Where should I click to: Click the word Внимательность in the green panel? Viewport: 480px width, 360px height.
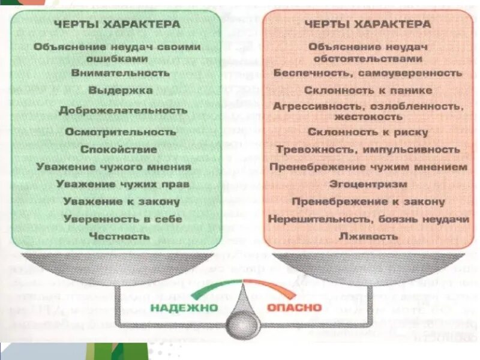coord(121,73)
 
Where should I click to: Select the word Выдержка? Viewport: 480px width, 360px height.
coord(121,91)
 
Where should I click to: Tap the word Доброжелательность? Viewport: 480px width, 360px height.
coord(123,111)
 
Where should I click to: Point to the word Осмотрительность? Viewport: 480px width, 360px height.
coord(121,131)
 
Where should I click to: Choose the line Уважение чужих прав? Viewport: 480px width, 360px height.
coord(122,184)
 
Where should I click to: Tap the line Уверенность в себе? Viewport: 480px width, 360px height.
coord(122,219)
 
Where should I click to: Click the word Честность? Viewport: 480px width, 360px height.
coord(119,236)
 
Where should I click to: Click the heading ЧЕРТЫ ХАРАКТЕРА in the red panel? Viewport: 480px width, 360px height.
coord(368,25)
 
